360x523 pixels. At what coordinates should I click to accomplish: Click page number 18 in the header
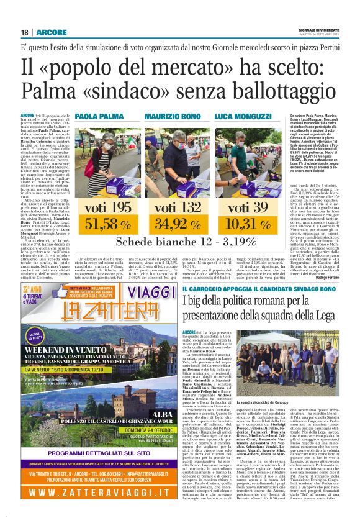click(x=25, y=32)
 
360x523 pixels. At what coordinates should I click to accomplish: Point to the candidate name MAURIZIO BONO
click(x=173, y=116)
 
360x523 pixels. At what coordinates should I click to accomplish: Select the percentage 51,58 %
click(x=107, y=222)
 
